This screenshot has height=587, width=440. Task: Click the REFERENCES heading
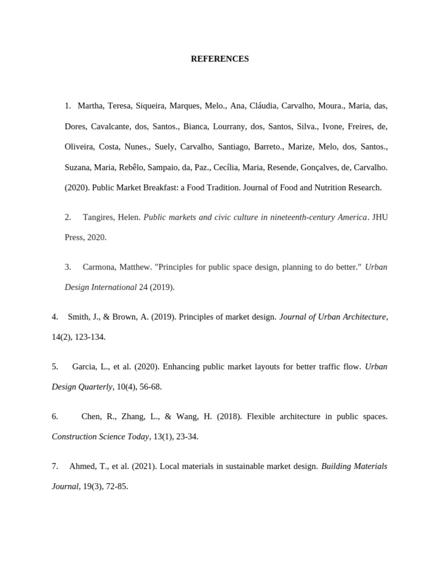pos(220,59)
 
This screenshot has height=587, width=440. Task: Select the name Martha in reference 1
pos(90,105)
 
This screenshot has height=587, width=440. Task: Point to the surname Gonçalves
pos(320,167)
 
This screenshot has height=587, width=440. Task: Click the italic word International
pos(111,287)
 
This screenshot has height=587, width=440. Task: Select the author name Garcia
pos(84,366)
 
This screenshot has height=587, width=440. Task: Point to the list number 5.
pos(54,366)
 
